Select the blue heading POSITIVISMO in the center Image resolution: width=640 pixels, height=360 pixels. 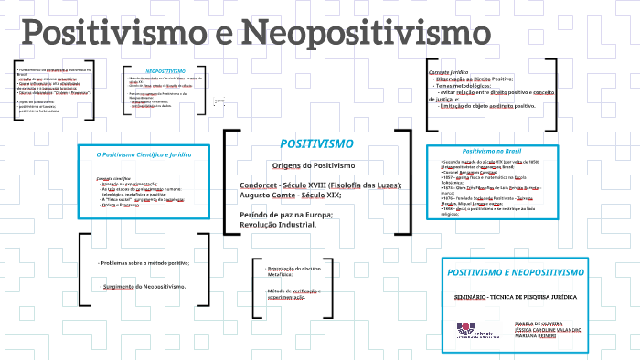(x=310, y=144)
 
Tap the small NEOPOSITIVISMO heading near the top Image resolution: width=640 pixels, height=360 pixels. (x=165, y=69)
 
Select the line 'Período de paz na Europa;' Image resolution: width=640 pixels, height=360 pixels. (x=279, y=214)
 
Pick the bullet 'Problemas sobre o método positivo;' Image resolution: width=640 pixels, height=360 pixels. (x=144, y=263)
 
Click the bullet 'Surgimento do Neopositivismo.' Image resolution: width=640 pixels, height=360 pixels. (x=143, y=287)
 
